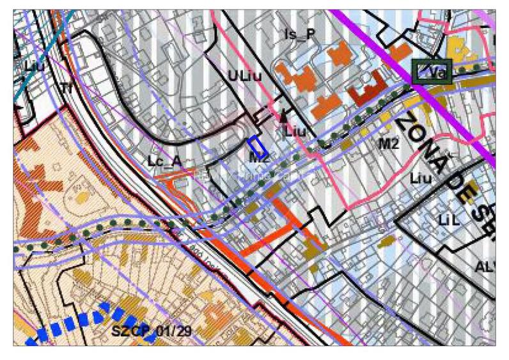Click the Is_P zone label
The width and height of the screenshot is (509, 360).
(300, 34)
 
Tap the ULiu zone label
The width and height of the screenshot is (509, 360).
(246, 76)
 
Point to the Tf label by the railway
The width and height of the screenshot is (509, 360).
(67, 87)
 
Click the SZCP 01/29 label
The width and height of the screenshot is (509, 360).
(152, 331)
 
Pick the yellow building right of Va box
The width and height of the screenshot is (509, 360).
(458, 48)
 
